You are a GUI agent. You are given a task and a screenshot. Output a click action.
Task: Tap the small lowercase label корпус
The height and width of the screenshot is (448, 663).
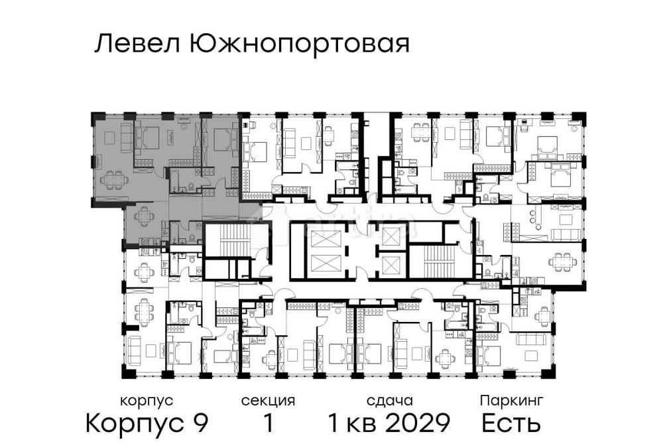click(x=147, y=401)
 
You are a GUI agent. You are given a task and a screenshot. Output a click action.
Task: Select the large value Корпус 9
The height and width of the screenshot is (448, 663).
click(x=147, y=423)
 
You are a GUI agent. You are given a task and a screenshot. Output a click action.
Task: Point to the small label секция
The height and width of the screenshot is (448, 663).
click(x=268, y=401)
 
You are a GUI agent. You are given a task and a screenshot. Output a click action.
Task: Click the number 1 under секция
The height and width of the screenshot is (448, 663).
click(x=268, y=423)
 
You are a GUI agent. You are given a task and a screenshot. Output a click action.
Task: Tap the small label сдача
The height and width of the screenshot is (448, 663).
click(x=390, y=401)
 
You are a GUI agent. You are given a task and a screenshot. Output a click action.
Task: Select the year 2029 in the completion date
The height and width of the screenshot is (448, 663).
click(x=420, y=423)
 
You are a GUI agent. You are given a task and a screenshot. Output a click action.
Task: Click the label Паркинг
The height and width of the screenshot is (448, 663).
click(x=511, y=401)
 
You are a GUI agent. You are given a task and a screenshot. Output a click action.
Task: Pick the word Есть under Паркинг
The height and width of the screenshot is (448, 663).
click(x=511, y=423)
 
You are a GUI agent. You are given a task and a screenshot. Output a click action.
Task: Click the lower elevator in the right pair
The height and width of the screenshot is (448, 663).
click(x=392, y=265)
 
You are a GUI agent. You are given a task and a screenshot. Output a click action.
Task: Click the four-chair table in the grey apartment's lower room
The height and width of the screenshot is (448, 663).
click(x=144, y=216)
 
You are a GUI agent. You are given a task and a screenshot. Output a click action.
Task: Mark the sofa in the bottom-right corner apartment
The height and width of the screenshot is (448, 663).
click(x=530, y=338)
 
